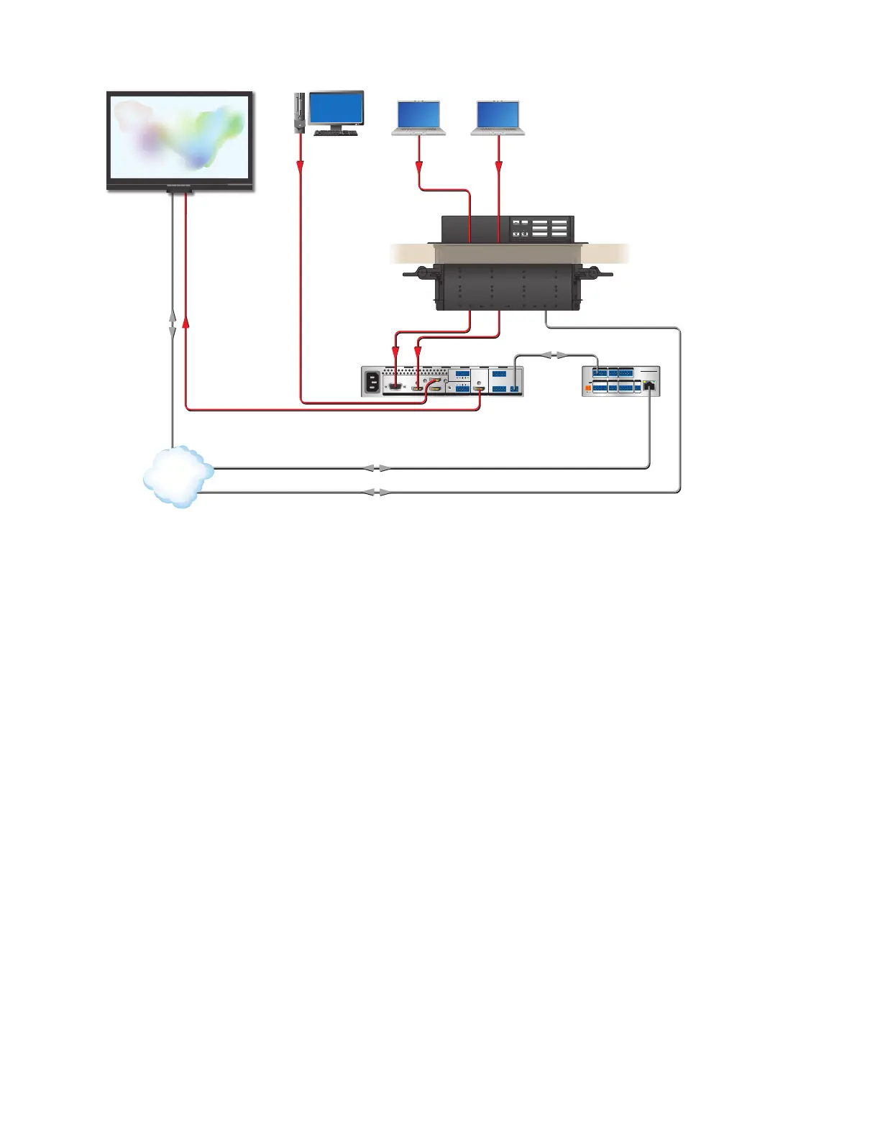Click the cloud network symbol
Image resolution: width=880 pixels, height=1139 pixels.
178,477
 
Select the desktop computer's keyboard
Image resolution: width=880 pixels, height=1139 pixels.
336,132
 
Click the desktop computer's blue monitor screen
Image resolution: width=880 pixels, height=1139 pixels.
336,109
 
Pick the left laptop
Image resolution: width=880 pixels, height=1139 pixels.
418,118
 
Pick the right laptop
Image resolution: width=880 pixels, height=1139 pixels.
498,118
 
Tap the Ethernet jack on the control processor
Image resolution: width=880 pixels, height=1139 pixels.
650,385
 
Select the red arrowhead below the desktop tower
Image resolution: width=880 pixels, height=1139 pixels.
300,165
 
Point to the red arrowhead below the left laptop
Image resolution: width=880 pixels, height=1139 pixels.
418,167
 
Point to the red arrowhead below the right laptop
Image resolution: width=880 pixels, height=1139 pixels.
498,167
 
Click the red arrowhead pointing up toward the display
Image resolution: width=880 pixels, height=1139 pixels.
186,324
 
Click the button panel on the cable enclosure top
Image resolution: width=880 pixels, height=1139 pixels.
541,228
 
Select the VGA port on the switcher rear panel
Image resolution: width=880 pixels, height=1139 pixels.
395,387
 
